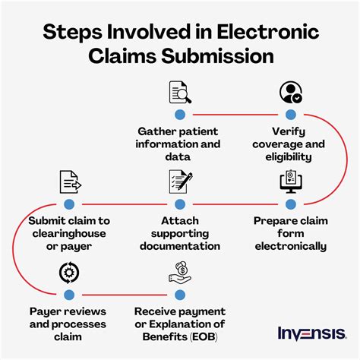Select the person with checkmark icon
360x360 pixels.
(x=291, y=93)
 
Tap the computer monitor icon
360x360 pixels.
(x=291, y=182)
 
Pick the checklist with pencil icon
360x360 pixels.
(x=180, y=182)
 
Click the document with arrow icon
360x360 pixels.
(x=68, y=182)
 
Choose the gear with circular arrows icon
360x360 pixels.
(x=68, y=270)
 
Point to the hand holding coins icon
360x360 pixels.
(x=180, y=270)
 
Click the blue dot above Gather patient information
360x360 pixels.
(x=180, y=115)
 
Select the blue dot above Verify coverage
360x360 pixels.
(x=291, y=115)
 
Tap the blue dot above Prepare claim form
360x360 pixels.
(x=291, y=204)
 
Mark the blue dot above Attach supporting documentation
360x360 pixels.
(x=180, y=204)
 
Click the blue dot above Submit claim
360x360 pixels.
(x=68, y=204)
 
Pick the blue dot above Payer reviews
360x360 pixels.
(x=68, y=293)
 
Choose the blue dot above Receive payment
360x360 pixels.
(x=180, y=293)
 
